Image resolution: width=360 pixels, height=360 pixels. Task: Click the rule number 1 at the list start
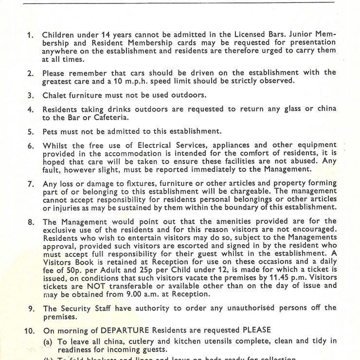click(30, 35)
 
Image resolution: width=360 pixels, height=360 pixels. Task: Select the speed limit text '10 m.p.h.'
click(144, 81)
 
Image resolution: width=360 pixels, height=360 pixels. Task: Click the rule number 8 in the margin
click(30, 222)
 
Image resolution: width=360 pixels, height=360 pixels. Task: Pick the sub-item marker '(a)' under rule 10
click(49, 342)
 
